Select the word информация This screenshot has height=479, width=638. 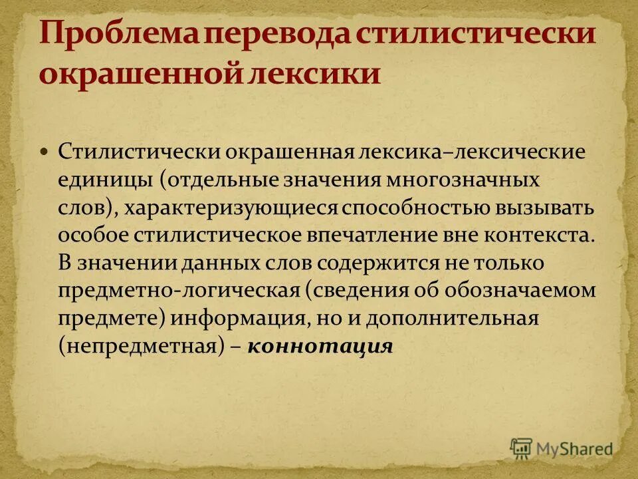tap(240, 319)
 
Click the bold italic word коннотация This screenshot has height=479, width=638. tap(320, 347)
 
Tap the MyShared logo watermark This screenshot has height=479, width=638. tap(562, 448)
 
